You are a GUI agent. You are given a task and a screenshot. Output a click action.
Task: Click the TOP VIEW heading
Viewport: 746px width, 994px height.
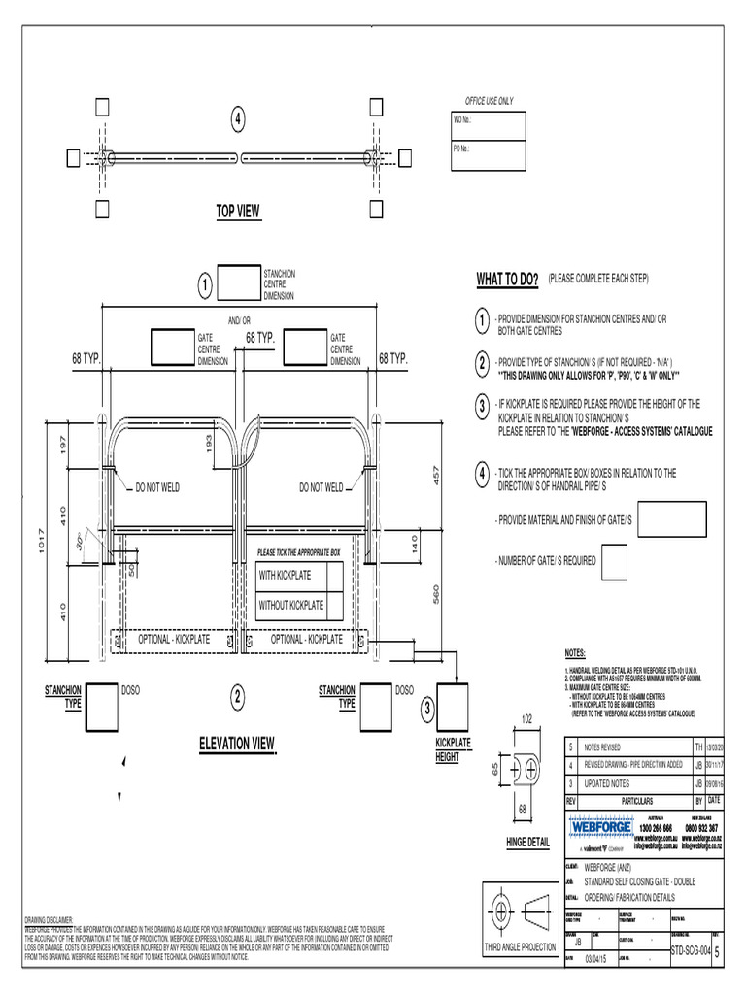tap(238, 212)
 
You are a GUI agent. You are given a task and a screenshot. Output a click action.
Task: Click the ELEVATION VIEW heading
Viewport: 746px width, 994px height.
tap(237, 745)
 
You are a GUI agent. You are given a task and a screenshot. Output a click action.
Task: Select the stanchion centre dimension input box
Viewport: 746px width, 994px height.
tap(239, 282)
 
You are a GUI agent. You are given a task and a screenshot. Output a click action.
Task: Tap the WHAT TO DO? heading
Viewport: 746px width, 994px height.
tap(507, 280)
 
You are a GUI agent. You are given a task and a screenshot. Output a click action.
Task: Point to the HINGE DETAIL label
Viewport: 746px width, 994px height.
tap(527, 844)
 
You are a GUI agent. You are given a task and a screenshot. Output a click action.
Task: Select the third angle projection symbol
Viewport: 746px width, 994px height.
tap(521, 913)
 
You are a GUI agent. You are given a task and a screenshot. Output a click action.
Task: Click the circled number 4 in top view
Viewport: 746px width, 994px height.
tap(237, 119)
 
